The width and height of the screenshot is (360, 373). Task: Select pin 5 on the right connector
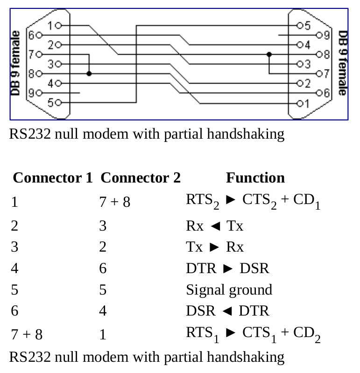click(299, 25)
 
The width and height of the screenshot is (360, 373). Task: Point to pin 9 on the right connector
click(318, 35)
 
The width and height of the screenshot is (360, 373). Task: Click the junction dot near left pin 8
click(89, 73)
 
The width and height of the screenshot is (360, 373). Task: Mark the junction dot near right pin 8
click(269, 55)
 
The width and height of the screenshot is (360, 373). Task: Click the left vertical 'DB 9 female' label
click(15, 63)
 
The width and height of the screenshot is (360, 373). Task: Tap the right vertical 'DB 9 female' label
click(343, 63)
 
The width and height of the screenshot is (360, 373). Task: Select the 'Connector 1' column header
click(53, 178)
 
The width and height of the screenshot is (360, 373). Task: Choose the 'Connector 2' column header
click(141, 178)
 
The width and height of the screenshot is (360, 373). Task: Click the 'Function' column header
click(255, 178)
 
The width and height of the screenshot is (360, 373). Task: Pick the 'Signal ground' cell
click(229, 290)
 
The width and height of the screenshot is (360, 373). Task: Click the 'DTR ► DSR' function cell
click(227, 268)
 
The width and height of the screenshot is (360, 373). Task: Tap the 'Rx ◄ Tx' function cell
click(214, 226)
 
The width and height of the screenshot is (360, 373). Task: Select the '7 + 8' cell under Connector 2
click(114, 203)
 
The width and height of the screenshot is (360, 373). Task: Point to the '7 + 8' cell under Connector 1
click(27, 335)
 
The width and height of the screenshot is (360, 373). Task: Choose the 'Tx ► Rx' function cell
click(214, 247)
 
